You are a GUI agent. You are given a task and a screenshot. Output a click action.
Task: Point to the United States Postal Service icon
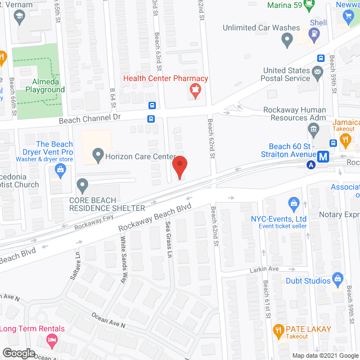(x=317, y=71)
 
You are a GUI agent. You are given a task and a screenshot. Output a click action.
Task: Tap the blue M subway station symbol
(x=323, y=157)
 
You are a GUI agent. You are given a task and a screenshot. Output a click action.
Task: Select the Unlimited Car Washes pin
(x=287, y=40)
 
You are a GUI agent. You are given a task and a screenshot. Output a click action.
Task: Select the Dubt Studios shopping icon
(x=338, y=278)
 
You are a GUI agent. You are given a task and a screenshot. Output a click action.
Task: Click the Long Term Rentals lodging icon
(x=52, y=340)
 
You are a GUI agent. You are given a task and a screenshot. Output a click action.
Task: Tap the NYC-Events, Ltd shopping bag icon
(x=292, y=203)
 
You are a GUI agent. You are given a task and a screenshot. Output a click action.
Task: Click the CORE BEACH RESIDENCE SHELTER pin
(x=83, y=184)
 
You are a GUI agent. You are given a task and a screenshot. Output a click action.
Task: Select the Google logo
(x=18, y=353)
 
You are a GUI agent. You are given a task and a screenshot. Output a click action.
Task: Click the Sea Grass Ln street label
(x=169, y=238)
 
